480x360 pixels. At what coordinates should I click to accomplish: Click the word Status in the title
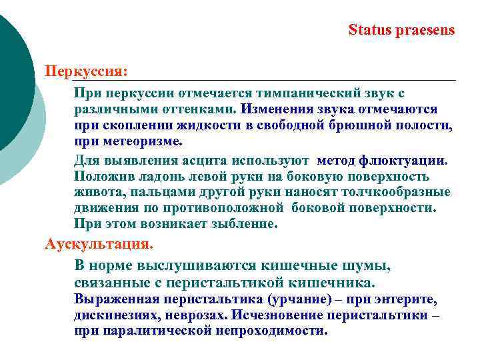click(x=368, y=30)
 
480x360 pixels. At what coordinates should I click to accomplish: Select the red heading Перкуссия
click(x=86, y=70)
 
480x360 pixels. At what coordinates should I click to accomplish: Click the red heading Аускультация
click(x=99, y=243)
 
